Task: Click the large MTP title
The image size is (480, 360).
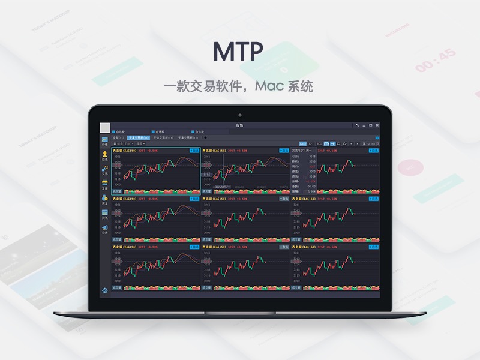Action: [239, 52]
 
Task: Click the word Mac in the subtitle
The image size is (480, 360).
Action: [268, 86]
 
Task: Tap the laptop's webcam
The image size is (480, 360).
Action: [239, 115]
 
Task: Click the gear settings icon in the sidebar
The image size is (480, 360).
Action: [105, 290]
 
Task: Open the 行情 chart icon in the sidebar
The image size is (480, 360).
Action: [105, 141]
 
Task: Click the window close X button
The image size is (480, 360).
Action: [377, 125]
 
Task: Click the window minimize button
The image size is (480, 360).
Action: [364, 125]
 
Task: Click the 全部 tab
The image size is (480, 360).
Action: [118, 138]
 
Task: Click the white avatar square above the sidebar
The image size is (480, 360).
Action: [105, 128]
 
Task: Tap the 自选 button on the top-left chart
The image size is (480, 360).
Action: [194, 150]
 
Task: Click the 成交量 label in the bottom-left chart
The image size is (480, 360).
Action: [117, 287]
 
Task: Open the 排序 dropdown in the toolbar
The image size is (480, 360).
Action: [140, 144]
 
